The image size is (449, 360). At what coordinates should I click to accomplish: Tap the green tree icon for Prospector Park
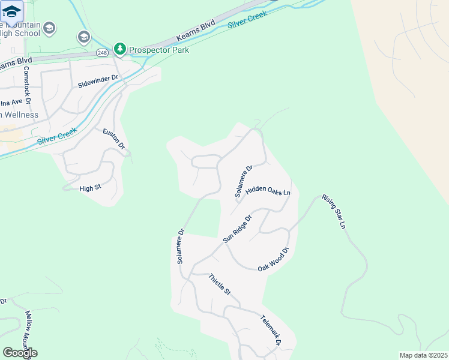click(x=120, y=49)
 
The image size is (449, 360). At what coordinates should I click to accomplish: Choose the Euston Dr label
click(x=113, y=139)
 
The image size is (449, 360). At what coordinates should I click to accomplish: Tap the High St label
click(x=89, y=188)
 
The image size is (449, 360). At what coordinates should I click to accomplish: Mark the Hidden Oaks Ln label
click(x=268, y=190)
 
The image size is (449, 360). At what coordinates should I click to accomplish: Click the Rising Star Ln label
click(x=334, y=211)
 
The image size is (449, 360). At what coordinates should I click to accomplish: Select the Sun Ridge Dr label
click(x=237, y=228)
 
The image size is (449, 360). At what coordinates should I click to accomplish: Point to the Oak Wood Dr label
click(x=274, y=259)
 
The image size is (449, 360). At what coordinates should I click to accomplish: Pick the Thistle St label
click(x=219, y=284)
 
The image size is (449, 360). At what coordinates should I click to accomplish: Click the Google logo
click(x=20, y=353)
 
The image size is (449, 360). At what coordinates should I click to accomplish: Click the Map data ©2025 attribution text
click(x=424, y=355)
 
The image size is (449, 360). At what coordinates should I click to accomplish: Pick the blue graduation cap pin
click(x=12, y=12)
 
